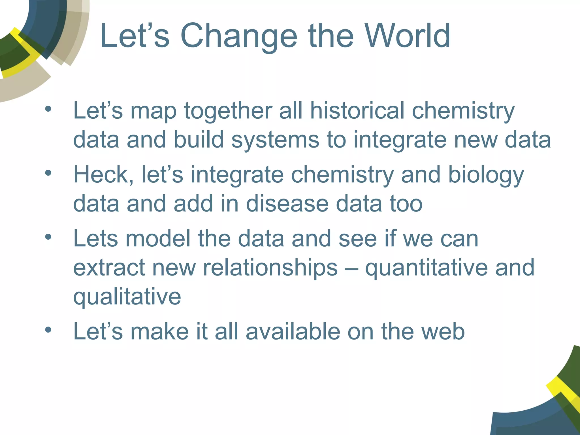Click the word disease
tap(287, 204)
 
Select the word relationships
tap(270, 268)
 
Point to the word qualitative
tap(127, 297)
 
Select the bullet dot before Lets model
tap(48, 237)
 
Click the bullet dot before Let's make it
tap(48, 329)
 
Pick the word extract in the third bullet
tap(109, 268)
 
